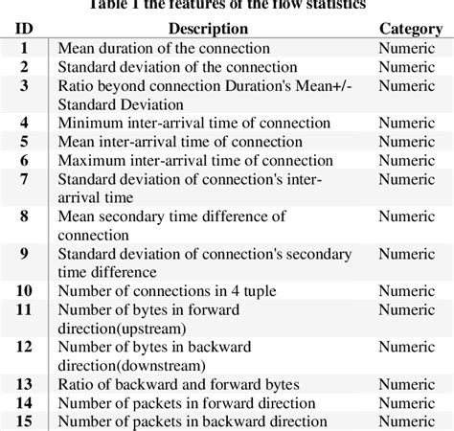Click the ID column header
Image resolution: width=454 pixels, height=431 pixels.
pyautogui.click(x=25, y=29)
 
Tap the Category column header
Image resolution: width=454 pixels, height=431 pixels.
pyautogui.click(x=411, y=29)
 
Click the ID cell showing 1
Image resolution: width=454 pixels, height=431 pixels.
pyautogui.click(x=25, y=47)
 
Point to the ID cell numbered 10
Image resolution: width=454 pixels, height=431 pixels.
pyautogui.click(x=25, y=290)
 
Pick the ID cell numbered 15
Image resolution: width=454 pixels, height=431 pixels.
pyautogui.click(x=25, y=420)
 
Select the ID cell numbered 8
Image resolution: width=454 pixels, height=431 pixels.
pyautogui.click(x=25, y=216)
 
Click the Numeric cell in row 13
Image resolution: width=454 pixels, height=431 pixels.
pyautogui.click(x=411, y=384)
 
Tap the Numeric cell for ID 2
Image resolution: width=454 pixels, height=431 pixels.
pyautogui.click(x=411, y=66)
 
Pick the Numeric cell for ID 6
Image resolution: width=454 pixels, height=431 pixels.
pyautogui.click(x=411, y=160)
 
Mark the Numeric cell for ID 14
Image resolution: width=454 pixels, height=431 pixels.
pyautogui.click(x=411, y=402)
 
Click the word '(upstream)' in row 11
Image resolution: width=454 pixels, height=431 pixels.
pyautogui.click(x=162, y=328)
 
